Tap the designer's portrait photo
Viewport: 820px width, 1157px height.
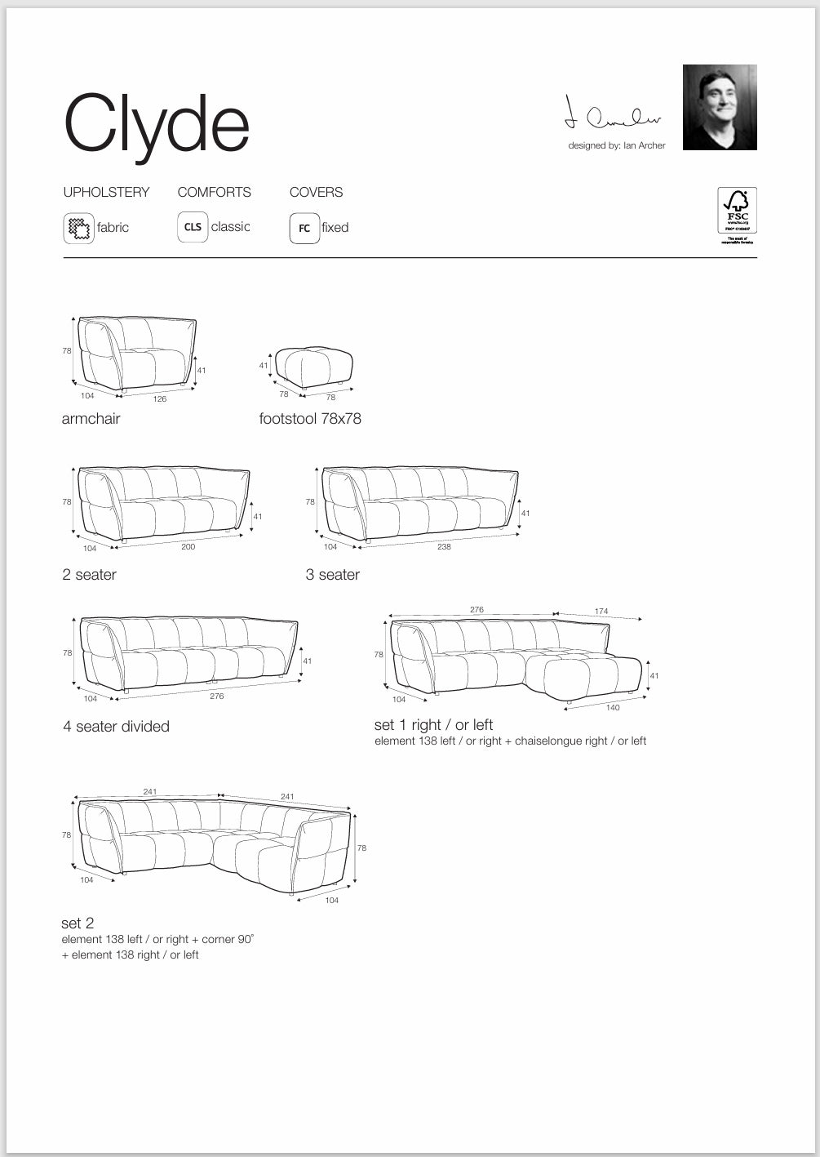(x=720, y=108)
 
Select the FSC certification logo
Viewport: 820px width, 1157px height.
(x=737, y=215)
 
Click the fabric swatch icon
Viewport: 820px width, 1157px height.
(x=78, y=228)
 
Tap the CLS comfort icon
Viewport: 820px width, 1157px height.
(x=193, y=227)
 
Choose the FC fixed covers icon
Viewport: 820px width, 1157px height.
(x=304, y=228)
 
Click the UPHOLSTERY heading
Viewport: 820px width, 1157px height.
(x=106, y=193)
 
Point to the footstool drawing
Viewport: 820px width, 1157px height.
(x=314, y=366)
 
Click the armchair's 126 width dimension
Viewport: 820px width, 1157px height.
(x=160, y=399)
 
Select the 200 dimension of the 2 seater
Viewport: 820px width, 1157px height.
(x=188, y=547)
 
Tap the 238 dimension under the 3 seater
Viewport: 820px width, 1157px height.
(x=444, y=547)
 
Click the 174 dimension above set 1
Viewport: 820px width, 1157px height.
(x=601, y=611)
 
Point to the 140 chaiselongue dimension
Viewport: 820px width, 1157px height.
(x=613, y=708)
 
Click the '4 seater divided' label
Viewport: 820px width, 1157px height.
(x=116, y=727)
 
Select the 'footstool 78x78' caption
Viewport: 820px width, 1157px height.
(x=310, y=419)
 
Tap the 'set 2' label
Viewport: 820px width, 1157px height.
(x=78, y=923)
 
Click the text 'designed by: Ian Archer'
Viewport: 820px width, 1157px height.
(x=617, y=145)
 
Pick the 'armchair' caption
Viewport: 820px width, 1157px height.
(x=91, y=419)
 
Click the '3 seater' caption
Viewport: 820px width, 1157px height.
(x=332, y=575)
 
